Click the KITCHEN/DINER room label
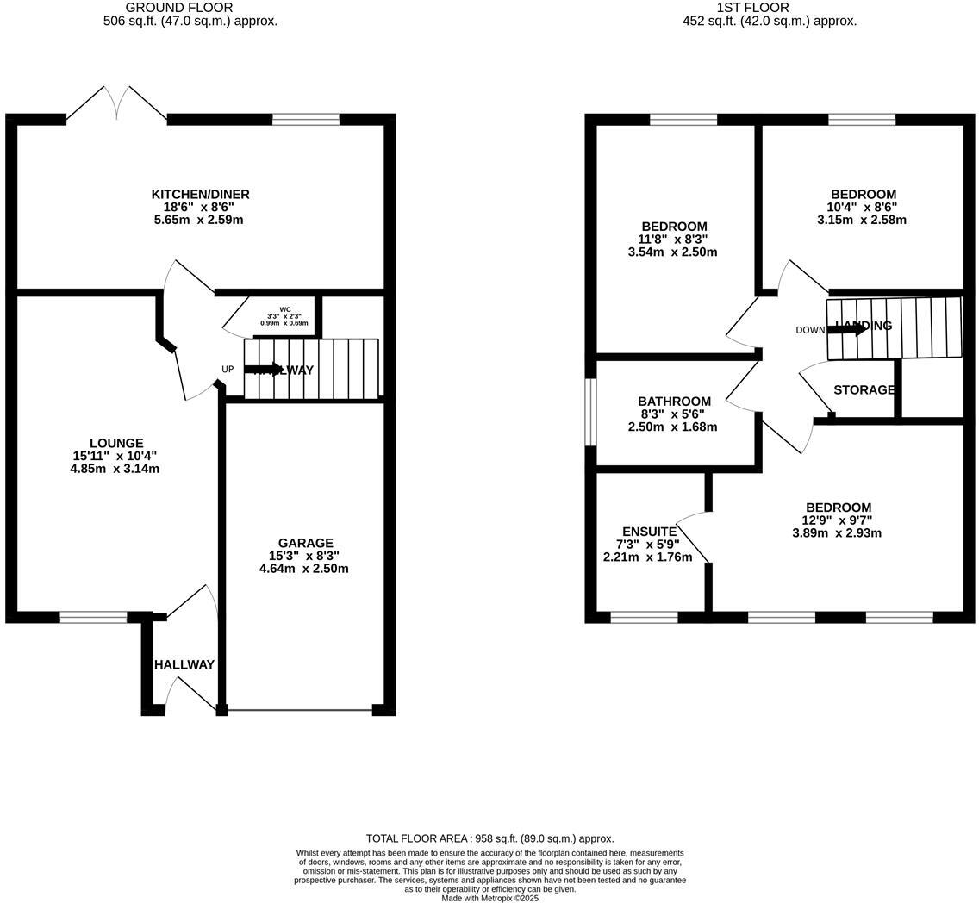point(200,194)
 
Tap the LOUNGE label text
point(116,443)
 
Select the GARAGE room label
point(305,543)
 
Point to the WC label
point(284,309)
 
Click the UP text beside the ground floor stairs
point(228,370)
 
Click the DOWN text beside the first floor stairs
point(809,330)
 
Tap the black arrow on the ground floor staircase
point(263,370)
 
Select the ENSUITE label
point(649,532)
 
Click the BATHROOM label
point(674,402)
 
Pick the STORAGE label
point(864,390)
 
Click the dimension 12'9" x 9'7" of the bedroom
point(837,520)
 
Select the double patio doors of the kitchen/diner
point(116,103)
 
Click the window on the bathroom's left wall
point(591,413)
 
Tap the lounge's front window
point(93,617)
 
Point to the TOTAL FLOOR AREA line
point(489,838)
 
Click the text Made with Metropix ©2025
point(489,898)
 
